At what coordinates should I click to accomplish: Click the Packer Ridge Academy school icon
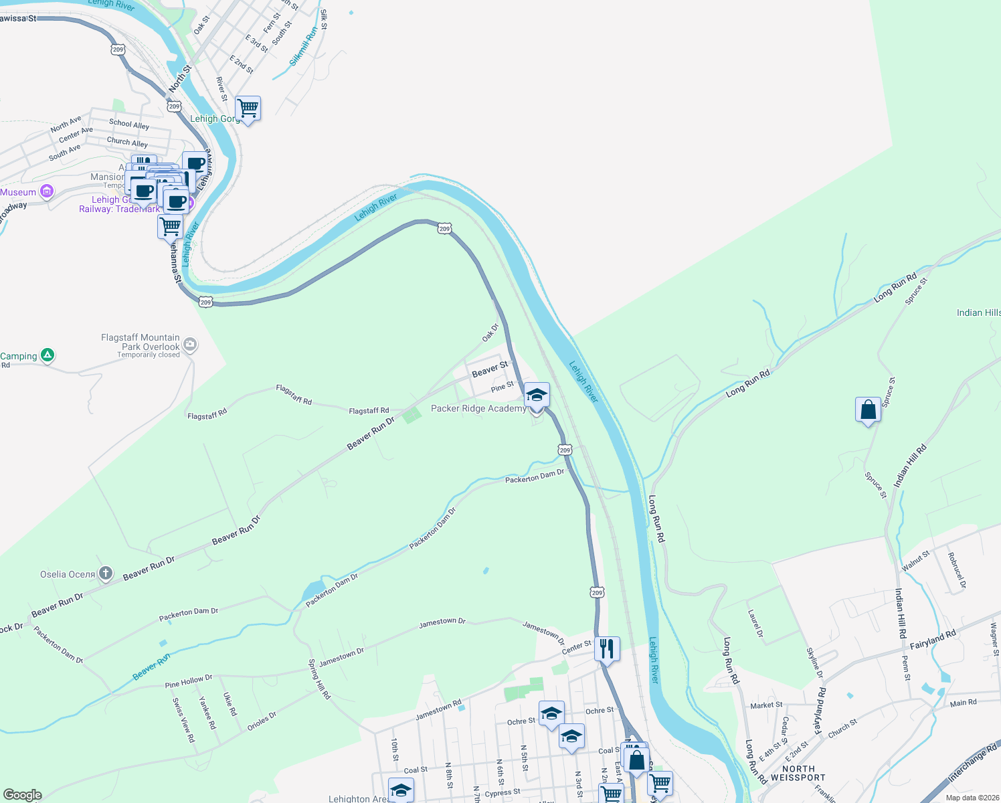(x=537, y=395)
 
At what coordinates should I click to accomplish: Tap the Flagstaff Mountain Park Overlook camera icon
(x=190, y=344)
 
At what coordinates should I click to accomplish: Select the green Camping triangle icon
(x=48, y=355)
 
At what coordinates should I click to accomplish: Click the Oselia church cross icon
(x=106, y=573)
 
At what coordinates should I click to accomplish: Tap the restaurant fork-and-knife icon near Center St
(x=606, y=648)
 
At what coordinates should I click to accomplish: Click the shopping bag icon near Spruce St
(x=868, y=410)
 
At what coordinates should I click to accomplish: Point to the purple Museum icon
(x=47, y=192)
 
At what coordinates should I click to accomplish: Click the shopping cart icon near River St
(x=248, y=108)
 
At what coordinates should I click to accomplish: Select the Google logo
(x=22, y=795)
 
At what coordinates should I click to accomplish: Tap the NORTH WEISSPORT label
(x=798, y=774)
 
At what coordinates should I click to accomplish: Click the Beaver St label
(x=490, y=369)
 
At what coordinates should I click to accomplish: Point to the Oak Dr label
(x=490, y=333)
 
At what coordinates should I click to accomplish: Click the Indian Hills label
(x=978, y=313)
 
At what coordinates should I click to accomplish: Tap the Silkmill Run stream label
(x=304, y=47)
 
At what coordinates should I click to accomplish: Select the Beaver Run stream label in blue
(x=151, y=667)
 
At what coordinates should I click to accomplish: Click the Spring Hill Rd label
(x=319, y=679)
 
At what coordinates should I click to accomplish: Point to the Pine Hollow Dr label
(x=189, y=681)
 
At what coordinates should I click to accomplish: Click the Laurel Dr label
(x=755, y=623)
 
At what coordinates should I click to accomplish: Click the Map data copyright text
(x=972, y=798)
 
